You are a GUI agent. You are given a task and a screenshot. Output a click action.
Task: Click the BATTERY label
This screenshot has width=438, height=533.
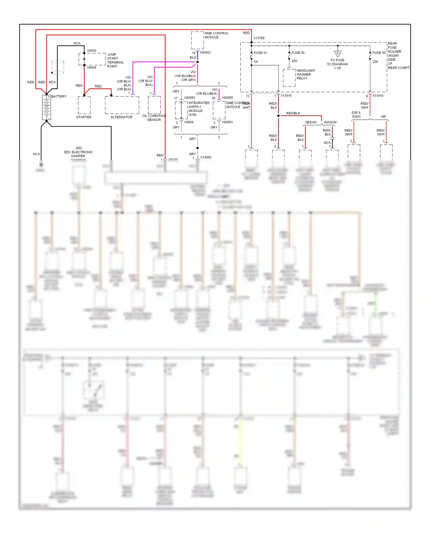click(x=59, y=97)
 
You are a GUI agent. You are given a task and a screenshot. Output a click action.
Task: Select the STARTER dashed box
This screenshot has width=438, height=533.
click(x=84, y=105)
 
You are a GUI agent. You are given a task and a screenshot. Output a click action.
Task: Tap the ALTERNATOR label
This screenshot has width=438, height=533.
click(x=121, y=117)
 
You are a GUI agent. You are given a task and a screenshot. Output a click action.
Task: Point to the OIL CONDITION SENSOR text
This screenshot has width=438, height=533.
click(x=154, y=118)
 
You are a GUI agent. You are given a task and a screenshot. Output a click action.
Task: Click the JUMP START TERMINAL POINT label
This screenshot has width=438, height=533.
click(x=115, y=60)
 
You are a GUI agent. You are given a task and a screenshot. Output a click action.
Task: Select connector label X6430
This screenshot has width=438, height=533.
click(x=91, y=51)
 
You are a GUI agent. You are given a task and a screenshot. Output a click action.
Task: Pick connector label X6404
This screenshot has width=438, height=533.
click(x=91, y=68)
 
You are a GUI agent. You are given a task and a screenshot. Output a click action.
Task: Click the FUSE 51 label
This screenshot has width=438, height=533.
click(x=260, y=53)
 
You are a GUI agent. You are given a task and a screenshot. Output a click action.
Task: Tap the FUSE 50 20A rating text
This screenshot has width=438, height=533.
click(x=375, y=62)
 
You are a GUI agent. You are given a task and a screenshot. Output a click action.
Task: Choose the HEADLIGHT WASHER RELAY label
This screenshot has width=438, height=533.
click(x=305, y=74)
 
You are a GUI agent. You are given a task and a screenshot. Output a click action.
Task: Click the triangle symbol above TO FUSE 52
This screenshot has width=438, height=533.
click(x=338, y=54)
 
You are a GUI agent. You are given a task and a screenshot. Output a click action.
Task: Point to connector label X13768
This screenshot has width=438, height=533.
click(x=259, y=38)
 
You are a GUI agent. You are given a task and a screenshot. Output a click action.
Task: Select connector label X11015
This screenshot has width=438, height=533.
click(x=286, y=96)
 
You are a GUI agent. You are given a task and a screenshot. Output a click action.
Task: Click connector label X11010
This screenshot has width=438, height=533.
click(x=378, y=96)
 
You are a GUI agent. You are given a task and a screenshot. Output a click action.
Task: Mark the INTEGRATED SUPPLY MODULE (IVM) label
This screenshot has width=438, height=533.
click(x=199, y=109)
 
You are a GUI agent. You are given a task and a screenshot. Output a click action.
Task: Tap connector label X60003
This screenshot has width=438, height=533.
click(x=205, y=53)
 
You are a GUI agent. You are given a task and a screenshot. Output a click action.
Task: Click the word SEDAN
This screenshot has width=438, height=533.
click(x=311, y=122)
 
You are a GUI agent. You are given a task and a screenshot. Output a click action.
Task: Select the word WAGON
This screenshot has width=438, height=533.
click(x=330, y=122)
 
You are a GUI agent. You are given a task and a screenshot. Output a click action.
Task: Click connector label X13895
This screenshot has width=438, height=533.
click(x=206, y=157)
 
